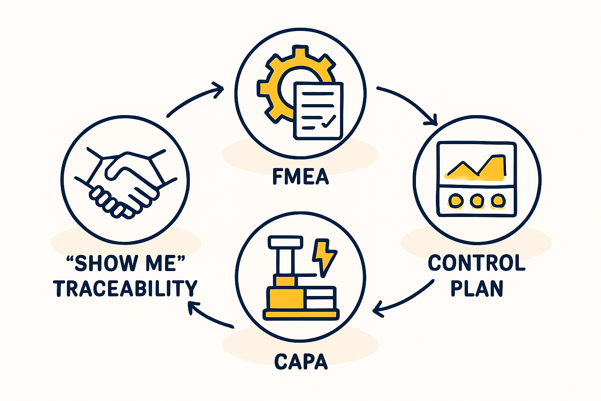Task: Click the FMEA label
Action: coord(300,177)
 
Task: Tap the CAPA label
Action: coord(300,361)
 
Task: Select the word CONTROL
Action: coord(477,263)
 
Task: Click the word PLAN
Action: coord(477,288)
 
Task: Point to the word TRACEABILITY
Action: coord(126,288)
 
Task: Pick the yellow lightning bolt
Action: coord(324,256)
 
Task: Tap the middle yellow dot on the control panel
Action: coord(477,201)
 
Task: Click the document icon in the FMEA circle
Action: coord(318,110)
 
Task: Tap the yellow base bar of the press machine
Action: coord(300,314)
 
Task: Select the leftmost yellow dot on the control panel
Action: coord(455,201)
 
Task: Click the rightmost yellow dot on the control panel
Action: coord(498,201)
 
